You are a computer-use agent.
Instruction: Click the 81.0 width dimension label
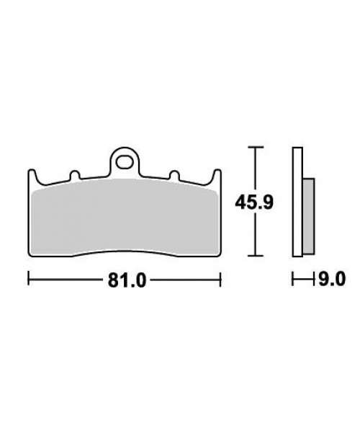(127, 280)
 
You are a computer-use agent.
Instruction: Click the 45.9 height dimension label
(254, 202)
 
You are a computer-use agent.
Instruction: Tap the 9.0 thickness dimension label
(332, 280)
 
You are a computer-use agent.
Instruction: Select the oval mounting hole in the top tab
(125, 163)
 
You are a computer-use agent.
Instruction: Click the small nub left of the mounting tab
(75, 175)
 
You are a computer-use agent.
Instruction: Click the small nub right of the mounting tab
(174, 175)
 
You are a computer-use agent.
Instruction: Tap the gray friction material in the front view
(125, 217)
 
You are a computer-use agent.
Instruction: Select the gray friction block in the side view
(308, 216)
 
